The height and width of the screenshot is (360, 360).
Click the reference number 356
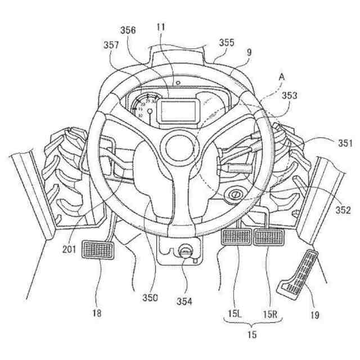[127, 31]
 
